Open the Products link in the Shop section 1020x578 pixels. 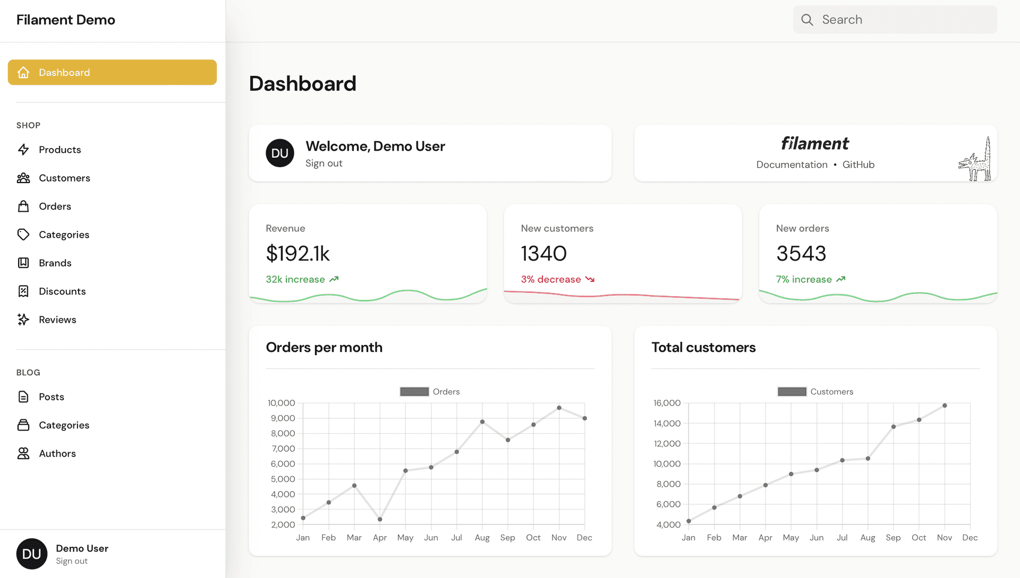59,150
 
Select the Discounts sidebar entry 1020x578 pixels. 62,291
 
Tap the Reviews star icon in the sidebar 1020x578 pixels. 23,320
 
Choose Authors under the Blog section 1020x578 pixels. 57,454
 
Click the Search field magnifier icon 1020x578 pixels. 807,20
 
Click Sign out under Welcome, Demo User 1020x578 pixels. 324,163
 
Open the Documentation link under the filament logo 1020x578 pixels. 792,165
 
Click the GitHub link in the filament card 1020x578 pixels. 858,165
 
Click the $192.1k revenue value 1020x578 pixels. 297,254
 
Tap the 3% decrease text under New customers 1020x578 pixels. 550,280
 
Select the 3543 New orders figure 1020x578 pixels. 801,254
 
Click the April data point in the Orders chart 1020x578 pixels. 380,519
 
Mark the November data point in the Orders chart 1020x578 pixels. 559,408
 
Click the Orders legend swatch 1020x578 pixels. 414,392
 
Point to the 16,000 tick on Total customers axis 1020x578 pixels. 667,403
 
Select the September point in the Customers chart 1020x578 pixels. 894,427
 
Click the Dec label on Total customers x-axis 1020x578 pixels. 970,538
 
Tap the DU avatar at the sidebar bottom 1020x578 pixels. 32,554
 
